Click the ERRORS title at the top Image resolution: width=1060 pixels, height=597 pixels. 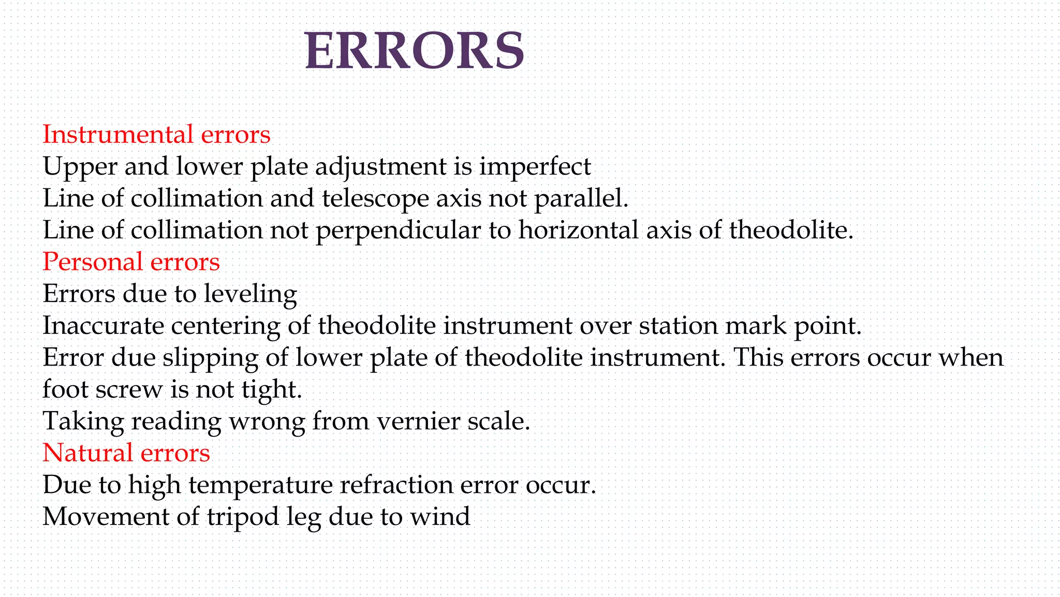point(415,50)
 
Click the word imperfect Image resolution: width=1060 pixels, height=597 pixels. point(535,167)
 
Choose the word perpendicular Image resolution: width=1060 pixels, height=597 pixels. point(398,231)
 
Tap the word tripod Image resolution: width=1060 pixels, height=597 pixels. point(243,517)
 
